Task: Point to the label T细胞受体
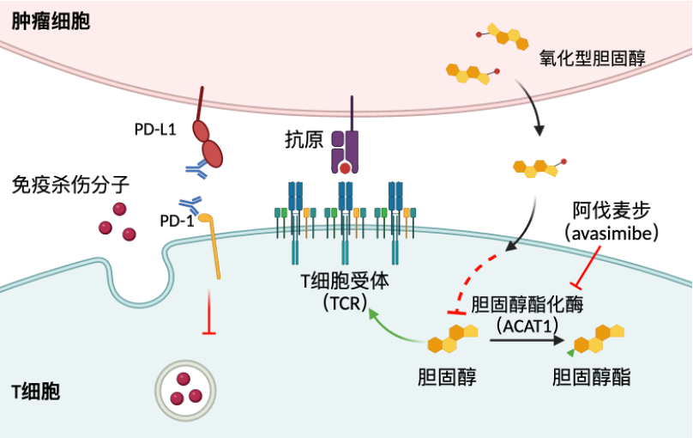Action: coord(340,283)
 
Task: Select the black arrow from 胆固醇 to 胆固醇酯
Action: coord(526,341)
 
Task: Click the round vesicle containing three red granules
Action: coord(184,388)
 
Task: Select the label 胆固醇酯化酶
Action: coord(528,306)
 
